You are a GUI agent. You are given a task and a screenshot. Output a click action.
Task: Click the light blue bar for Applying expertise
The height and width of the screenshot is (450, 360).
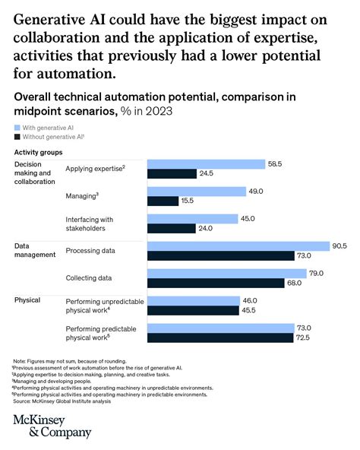(205, 164)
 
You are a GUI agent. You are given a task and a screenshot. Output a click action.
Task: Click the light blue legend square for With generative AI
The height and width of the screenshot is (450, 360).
(17, 128)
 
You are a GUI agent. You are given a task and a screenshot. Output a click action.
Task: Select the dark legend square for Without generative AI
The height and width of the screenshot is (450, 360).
(17, 138)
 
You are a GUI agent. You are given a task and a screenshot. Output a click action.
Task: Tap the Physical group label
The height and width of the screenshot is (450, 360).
(27, 300)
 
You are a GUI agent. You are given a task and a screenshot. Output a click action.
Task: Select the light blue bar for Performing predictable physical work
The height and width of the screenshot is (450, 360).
(220, 328)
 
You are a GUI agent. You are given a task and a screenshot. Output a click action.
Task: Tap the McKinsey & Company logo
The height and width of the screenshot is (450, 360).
(52, 425)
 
